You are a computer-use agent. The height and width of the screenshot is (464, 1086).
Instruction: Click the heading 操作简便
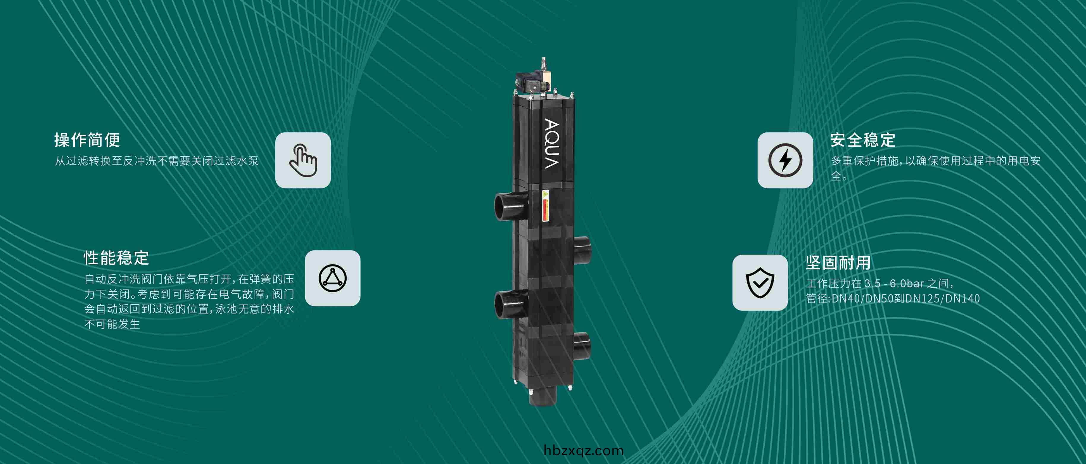click(87, 140)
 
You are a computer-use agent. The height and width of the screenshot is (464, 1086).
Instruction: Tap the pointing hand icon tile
click(303, 160)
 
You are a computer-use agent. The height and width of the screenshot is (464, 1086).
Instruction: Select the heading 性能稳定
click(116, 258)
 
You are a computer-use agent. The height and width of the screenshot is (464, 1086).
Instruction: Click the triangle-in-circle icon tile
click(332, 278)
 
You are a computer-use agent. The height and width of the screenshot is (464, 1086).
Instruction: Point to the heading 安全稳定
click(863, 140)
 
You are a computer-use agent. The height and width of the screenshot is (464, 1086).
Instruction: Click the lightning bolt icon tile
click(785, 160)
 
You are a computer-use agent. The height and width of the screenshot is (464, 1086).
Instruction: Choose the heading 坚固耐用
click(838, 263)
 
